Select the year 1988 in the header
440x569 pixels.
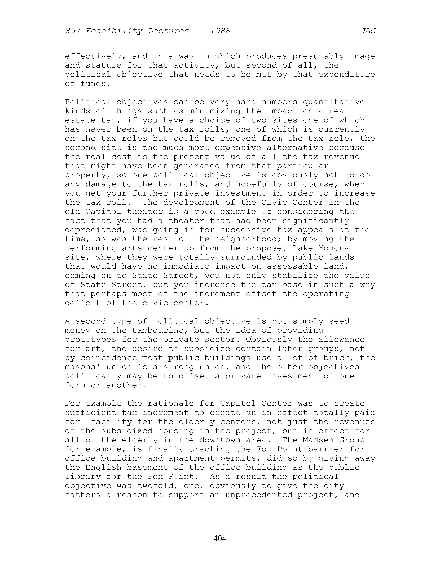[220, 31]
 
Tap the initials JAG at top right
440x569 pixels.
[368, 31]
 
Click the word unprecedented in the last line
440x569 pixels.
[259, 495]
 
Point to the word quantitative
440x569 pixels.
[334, 102]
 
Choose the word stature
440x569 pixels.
[103, 65]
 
